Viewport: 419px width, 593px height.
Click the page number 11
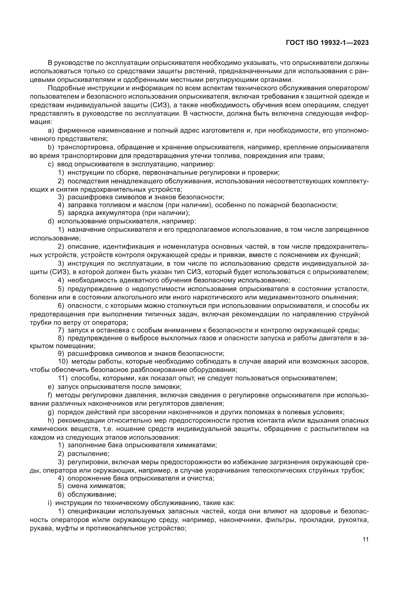(x=365, y=540)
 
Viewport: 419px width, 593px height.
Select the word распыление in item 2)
(x=88, y=454)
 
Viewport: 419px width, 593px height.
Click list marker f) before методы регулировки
(x=50, y=395)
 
